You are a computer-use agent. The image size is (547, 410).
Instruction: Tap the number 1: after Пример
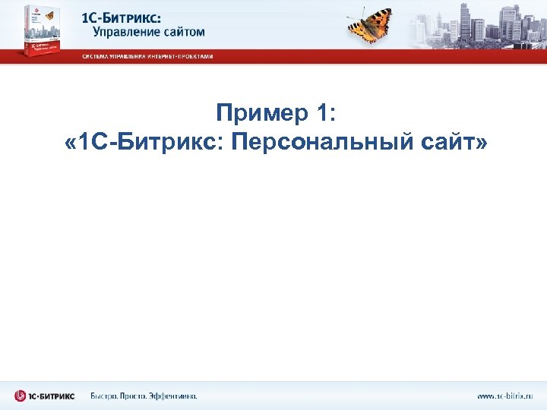tap(318, 113)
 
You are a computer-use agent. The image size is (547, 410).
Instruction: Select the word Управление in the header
tap(125, 32)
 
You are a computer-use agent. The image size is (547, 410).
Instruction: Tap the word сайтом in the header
tap(182, 32)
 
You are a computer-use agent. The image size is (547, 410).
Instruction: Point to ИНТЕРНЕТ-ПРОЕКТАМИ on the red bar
tap(181, 56)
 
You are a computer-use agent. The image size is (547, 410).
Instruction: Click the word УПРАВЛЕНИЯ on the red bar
tap(130, 56)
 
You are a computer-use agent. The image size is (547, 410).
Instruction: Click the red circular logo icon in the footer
tap(20, 396)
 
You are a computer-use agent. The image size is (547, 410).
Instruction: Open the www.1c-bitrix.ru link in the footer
tap(505, 396)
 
